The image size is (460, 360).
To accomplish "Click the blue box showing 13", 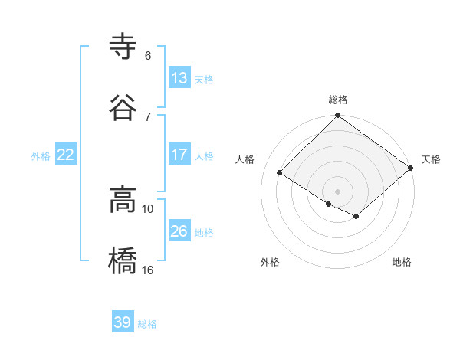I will pos(179,78).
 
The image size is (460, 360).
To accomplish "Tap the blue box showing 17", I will pos(179,155).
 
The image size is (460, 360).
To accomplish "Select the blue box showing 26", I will pos(179,231).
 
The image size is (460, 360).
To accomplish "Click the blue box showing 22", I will pos(66,155).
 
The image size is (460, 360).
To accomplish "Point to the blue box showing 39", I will pos(123,322).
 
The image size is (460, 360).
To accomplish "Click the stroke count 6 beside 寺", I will pos(148,56).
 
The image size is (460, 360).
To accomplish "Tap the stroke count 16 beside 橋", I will pos(148,270).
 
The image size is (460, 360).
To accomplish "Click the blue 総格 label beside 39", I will pos(147,324).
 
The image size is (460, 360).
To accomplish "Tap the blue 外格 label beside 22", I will pos(41,156).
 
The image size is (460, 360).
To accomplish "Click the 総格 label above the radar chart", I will pos(338,100).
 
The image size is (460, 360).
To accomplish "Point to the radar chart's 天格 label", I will pos(431,159).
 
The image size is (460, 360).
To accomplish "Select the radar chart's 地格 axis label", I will pos(402,263).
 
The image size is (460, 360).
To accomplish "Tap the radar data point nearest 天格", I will pos(412,169).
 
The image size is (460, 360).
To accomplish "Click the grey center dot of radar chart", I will pos(338,191).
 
